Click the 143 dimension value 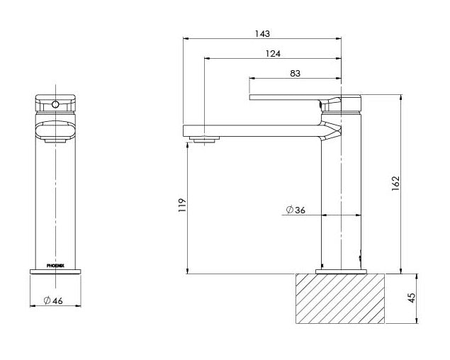click(262, 33)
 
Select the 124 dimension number click(273, 54)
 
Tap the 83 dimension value click(296, 73)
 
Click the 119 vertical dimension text click(182, 206)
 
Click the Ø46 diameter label click(53, 301)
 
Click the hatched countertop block click(339, 298)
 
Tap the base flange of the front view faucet click(56, 270)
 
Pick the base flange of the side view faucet click(342, 270)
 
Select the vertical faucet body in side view click(342, 206)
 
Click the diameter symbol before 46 click(46, 301)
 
